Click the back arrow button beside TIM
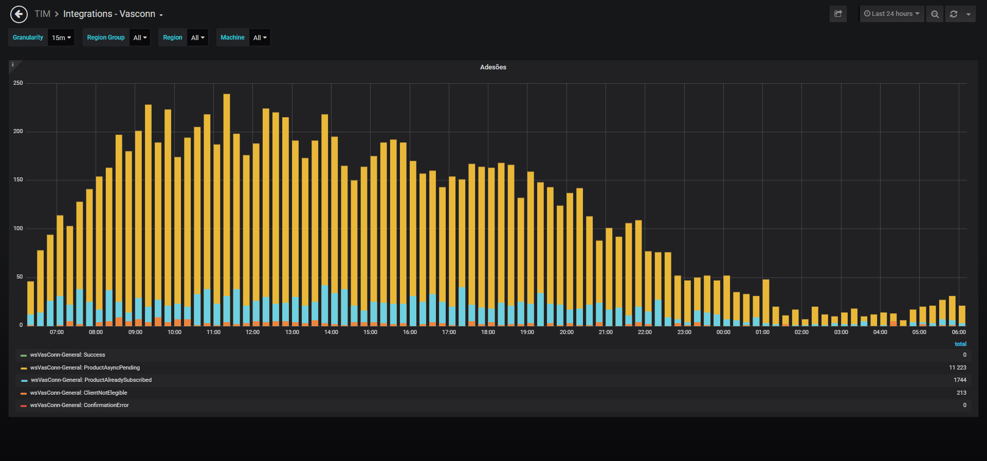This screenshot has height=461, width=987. (19, 14)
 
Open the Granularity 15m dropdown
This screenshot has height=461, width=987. (61, 38)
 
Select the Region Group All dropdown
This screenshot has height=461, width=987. (140, 38)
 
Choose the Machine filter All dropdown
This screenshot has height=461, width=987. (260, 38)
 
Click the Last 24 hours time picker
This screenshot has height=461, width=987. (892, 14)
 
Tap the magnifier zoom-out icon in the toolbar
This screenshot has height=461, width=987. (935, 14)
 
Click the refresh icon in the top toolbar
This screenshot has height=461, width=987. (954, 14)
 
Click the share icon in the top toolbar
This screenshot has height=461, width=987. (838, 14)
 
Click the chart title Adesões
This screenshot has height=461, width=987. (493, 67)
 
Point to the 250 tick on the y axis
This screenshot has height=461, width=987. (18, 83)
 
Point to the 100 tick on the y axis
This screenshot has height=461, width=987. (18, 228)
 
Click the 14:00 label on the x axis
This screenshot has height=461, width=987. (331, 332)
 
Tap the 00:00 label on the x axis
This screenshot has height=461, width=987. (723, 332)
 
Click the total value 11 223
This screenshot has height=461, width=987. (958, 367)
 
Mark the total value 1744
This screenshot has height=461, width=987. (960, 380)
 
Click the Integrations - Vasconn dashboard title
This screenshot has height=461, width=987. (109, 14)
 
